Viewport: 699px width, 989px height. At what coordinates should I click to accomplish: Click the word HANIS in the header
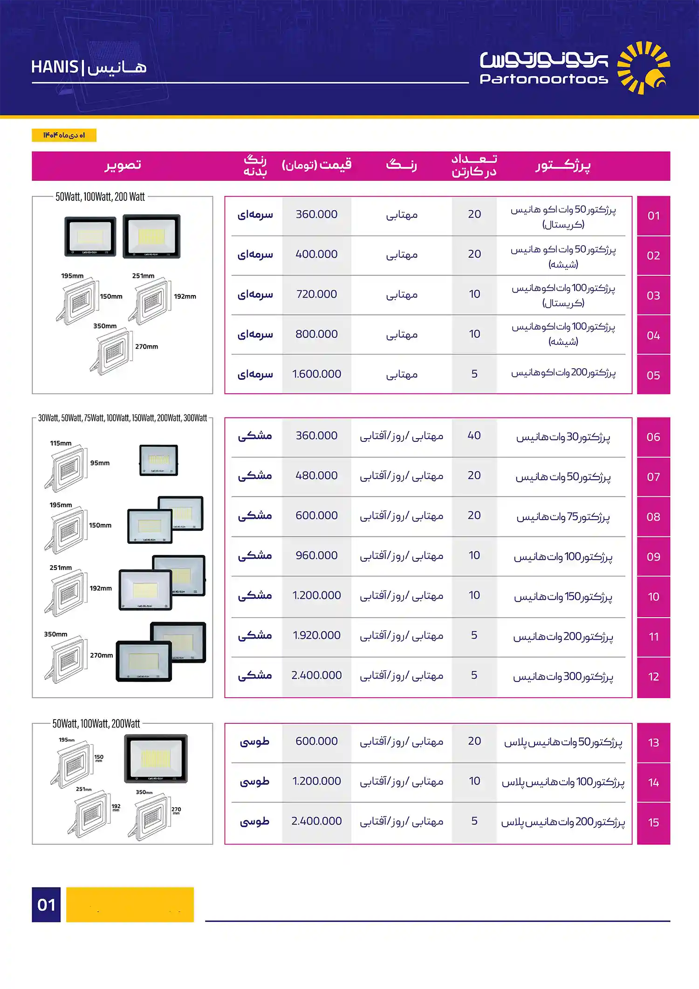(x=55, y=68)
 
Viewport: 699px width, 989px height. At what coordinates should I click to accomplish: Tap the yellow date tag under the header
(x=64, y=135)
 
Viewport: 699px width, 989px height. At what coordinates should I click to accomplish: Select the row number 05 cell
(x=653, y=375)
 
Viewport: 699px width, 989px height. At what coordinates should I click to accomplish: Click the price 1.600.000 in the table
(x=316, y=374)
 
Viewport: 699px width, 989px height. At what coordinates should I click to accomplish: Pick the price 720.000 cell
(x=316, y=295)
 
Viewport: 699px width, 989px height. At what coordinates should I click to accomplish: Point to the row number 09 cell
(x=653, y=557)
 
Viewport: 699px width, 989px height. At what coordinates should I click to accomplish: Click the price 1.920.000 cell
(x=316, y=635)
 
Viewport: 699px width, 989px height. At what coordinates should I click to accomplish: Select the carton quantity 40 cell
(x=474, y=436)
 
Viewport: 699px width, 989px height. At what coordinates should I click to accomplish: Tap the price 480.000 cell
(x=316, y=476)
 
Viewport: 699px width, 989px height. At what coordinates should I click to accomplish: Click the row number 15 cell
(x=653, y=823)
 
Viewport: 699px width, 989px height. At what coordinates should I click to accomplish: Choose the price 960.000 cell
(x=316, y=556)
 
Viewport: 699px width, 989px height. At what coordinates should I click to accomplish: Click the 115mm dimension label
(x=61, y=443)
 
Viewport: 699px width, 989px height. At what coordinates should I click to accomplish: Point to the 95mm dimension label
(x=100, y=463)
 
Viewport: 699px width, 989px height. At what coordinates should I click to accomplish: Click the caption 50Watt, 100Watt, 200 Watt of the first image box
(x=100, y=197)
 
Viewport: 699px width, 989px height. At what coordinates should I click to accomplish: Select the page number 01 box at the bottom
(x=46, y=905)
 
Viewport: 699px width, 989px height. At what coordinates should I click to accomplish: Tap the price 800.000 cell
(x=316, y=334)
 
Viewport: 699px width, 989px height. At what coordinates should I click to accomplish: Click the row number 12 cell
(x=653, y=677)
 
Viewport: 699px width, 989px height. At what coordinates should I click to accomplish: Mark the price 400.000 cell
(x=316, y=254)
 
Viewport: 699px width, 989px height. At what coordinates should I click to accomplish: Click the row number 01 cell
(x=653, y=216)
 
